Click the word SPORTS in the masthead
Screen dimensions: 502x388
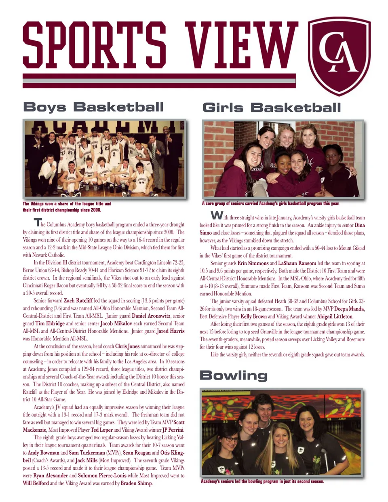pyautogui.click(x=94, y=45)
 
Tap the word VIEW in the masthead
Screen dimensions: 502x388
pyautogui.click(x=241, y=45)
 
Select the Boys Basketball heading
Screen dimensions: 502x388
pyautogui.click(x=93, y=107)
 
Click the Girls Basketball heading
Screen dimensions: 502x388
pyautogui.click(x=272, y=108)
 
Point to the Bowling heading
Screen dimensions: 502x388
pyautogui.click(x=234, y=375)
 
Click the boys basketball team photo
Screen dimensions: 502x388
pyautogui.click(x=104, y=159)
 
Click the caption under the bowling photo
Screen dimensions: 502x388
pyautogui.click(x=262, y=481)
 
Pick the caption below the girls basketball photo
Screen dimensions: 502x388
pyautogui.click(x=270, y=203)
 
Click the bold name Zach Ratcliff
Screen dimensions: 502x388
pyautogui.click(x=78, y=301)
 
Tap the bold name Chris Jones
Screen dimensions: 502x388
pyautogui.click(x=127, y=346)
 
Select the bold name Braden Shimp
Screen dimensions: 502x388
pyautogui.click(x=136, y=483)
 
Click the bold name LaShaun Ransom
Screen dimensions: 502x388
pyautogui.click(x=297, y=263)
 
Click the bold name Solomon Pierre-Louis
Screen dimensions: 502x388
pyautogui.click(x=102, y=476)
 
